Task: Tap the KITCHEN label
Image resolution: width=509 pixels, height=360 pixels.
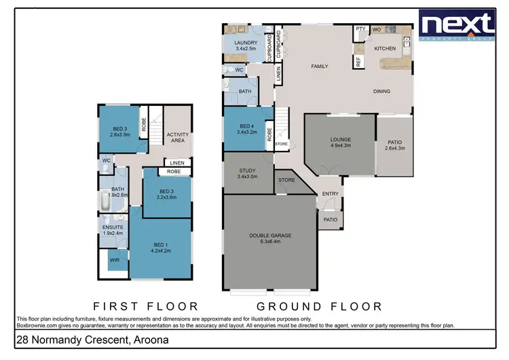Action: (385, 49)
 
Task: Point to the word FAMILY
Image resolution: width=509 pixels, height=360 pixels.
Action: (320, 67)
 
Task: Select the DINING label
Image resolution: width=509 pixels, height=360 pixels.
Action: (382, 91)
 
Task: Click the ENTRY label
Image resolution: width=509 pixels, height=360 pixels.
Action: (331, 194)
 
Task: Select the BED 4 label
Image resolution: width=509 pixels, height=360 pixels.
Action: (246, 128)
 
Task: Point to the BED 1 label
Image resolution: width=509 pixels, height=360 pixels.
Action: (160, 246)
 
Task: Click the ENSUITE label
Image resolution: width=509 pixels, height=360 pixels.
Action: (112, 230)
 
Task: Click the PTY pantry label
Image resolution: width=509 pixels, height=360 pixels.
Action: (360, 29)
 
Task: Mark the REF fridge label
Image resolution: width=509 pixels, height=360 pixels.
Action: (358, 62)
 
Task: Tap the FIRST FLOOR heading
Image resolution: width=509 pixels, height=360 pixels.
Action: (146, 306)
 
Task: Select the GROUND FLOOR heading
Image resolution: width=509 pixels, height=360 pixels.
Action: (319, 306)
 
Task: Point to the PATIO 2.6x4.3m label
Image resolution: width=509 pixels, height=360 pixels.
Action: (395, 145)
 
